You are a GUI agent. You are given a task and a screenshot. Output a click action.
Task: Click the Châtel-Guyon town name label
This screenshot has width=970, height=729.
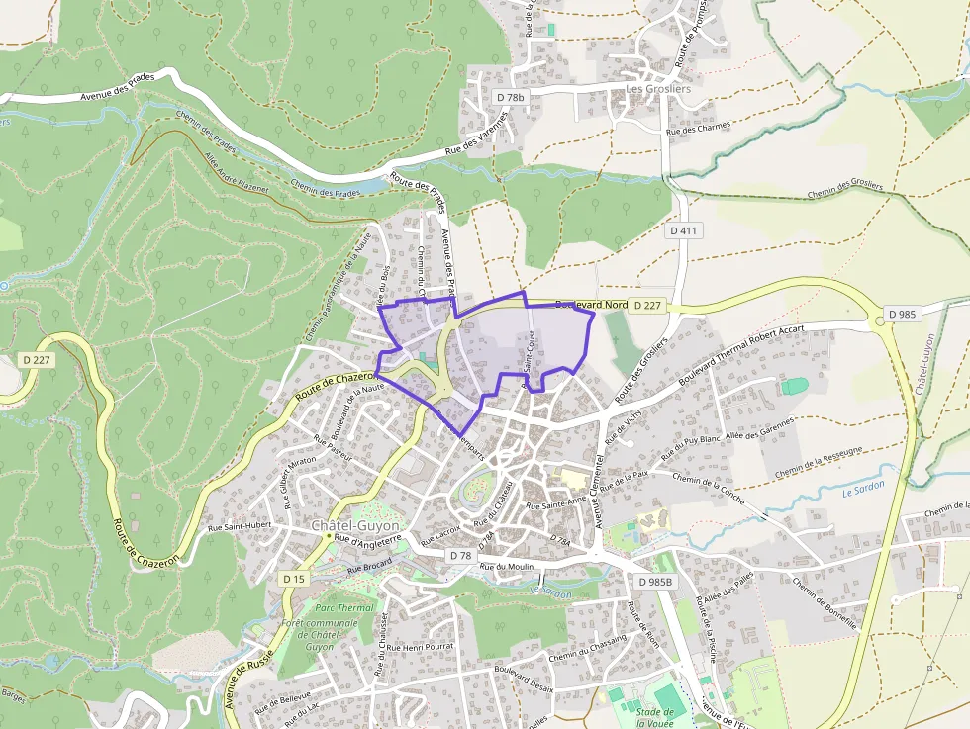point(355,525)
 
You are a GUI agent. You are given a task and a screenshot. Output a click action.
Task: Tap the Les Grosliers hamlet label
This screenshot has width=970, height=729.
point(658,88)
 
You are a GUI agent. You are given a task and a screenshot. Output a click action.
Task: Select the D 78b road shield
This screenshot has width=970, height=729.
point(510,97)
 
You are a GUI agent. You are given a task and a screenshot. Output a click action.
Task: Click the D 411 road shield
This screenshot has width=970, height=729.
point(683,230)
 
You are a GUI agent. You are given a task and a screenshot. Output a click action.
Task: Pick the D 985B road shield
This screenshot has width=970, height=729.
point(655,582)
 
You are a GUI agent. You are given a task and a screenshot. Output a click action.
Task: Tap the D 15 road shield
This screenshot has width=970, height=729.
point(293,578)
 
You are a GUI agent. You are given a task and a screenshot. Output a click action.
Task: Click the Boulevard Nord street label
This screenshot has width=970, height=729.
point(592,306)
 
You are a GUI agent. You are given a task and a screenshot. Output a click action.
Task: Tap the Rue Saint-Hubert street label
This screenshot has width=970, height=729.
point(239,527)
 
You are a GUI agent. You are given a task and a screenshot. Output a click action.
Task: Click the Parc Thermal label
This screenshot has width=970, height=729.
point(344,608)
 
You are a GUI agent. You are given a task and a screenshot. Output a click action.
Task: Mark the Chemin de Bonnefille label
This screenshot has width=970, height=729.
point(824,603)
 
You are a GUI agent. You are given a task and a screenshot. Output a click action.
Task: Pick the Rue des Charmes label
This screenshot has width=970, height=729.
point(698,128)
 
